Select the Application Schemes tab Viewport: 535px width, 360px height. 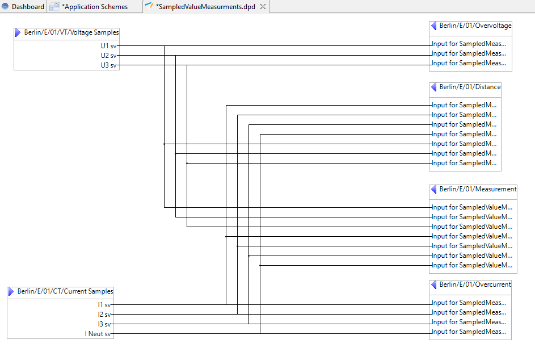94,7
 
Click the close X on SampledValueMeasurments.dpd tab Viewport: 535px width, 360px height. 263,7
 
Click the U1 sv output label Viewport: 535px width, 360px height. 108,46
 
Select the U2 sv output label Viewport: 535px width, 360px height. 108,56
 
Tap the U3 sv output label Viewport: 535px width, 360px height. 108,65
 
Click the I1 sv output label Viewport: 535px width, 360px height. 104,305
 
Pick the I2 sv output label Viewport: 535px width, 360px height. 104,315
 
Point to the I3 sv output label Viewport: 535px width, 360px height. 104,324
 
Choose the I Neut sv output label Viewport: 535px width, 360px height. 98,334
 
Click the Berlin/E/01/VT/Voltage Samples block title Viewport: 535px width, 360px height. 71,33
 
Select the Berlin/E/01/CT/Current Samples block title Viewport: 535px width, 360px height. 65,292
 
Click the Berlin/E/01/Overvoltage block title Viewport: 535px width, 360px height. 475,26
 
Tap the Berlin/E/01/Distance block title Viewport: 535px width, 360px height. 470,87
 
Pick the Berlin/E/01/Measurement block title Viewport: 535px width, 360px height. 478,190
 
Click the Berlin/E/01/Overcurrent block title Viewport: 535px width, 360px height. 475,285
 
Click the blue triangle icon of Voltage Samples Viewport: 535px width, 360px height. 18,33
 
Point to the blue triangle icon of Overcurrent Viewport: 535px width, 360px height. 434,285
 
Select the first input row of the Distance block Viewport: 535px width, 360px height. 464,105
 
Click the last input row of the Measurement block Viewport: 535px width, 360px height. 472,265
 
